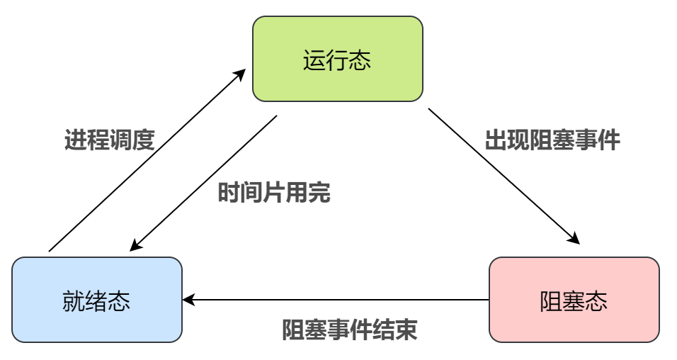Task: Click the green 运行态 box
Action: pos(337,59)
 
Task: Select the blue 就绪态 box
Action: pos(96,300)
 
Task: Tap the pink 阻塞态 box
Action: pos(574,300)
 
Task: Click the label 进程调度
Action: pos(109,140)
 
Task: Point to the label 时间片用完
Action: pos(273,193)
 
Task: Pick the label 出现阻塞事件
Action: pos(552,140)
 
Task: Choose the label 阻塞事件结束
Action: pos(349,330)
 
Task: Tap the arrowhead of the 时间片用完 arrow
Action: pos(135,247)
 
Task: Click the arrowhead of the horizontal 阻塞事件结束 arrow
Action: pos(188,300)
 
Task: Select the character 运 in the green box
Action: pos(314,60)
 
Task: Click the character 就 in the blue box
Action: pos(74,300)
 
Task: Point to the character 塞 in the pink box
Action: pos(574,300)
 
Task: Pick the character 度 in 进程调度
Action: pos(143,140)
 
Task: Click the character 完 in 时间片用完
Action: pos(319,193)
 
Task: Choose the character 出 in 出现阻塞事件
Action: pos(496,140)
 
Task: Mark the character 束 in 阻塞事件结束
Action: pos(406,330)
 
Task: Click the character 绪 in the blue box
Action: pos(96,300)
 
